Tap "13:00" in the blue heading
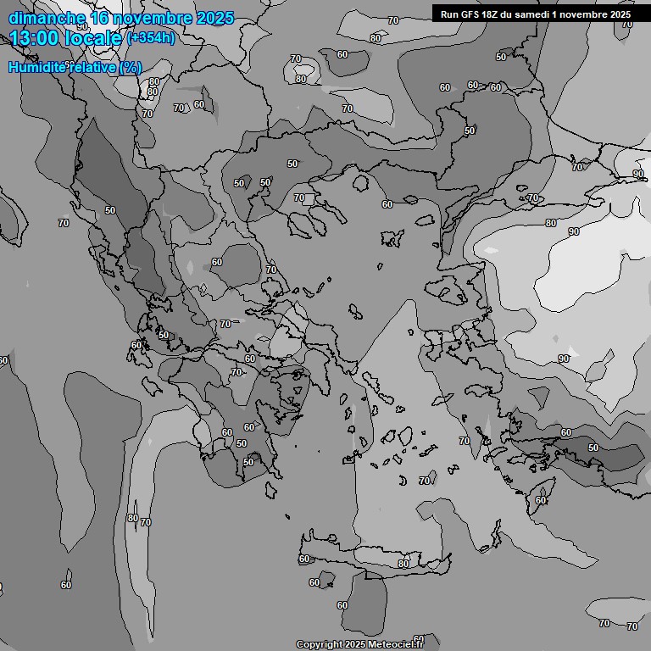[x=35, y=38]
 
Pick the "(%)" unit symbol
[x=130, y=67]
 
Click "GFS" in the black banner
[x=472, y=14]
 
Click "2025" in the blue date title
[x=215, y=18]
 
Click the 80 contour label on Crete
[x=403, y=564]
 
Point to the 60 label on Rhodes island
[x=541, y=500]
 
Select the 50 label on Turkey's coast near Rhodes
[x=593, y=448]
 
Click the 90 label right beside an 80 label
[x=574, y=231]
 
